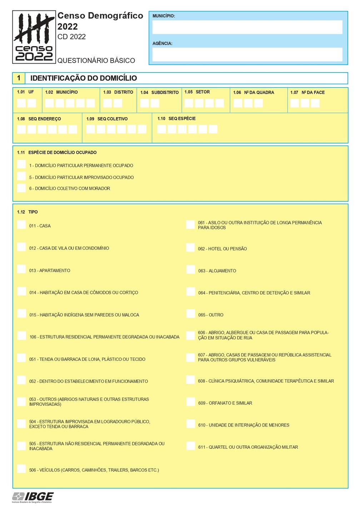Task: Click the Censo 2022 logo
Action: coord(34,37)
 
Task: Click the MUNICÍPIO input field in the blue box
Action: coord(247,27)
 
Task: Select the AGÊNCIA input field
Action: coord(247,55)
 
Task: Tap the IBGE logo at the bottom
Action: coord(33,497)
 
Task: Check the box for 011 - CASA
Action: coord(21,225)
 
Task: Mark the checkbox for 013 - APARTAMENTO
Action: coord(21,269)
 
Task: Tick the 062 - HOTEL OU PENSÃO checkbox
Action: coord(190,248)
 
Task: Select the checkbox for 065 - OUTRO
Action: coord(190,314)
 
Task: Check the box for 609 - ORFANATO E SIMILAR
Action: coord(190,402)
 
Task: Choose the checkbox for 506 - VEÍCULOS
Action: coord(21,469)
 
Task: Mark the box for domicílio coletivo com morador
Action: coord(21,188)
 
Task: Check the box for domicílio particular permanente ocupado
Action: coord(21,164)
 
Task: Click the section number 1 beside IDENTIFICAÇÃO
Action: coord(19,78)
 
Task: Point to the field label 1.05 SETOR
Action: coord(197,92)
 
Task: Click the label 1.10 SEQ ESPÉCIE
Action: coord(176,119)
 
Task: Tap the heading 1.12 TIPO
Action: coord(27,212)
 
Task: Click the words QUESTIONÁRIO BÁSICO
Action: coord(96,61)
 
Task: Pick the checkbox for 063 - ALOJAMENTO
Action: coord(190,270)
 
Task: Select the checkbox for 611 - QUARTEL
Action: coord(190,446)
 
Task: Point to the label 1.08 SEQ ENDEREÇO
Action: coord(39,119)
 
